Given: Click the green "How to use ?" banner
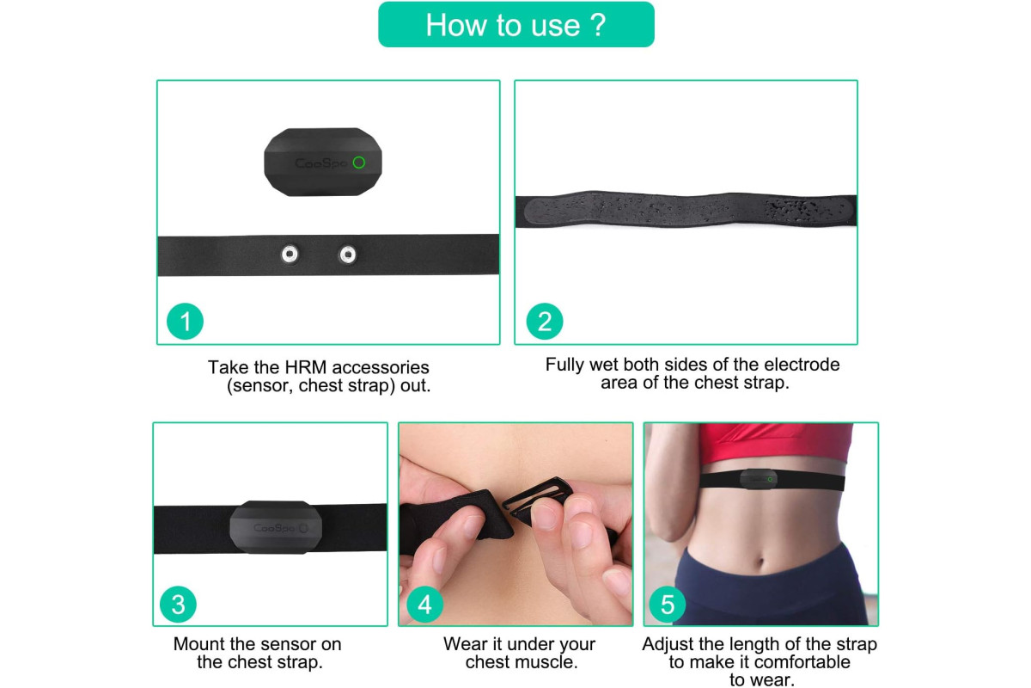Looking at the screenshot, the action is pos(516,24).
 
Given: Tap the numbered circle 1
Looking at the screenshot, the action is pos(185,321).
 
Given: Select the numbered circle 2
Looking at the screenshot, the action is pos(545,321).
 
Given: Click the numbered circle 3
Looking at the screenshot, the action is pos(178,604).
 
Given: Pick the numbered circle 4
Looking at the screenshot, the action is pos(424,604).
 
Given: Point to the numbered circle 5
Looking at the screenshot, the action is pos(668,604).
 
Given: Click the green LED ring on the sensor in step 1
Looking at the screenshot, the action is pos(359,163).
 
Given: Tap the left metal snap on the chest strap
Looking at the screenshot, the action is pos(290,254).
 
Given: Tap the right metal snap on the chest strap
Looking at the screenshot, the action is pos(347,255).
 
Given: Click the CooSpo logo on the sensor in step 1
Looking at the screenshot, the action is pos(320,163).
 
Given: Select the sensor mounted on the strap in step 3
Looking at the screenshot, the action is pos(276,526).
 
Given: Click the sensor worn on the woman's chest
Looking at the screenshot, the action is pos(758,479).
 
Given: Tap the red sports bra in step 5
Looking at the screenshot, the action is pos(776,444).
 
